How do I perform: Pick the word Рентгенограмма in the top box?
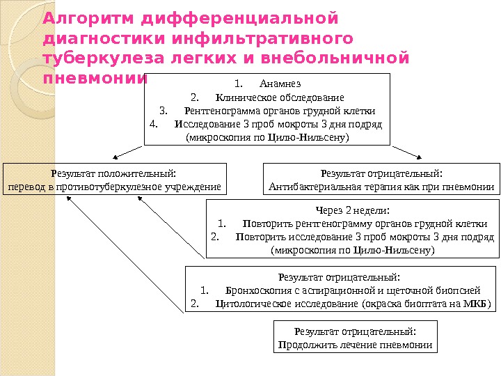pyautogui.click(x=217, y=111)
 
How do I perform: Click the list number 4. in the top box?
pyautogui.click(x=155, y=125)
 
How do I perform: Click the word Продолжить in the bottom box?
pyautogui.click(x=304, y=345)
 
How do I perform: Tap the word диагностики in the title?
pyautogui.click(x=93, y=37)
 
